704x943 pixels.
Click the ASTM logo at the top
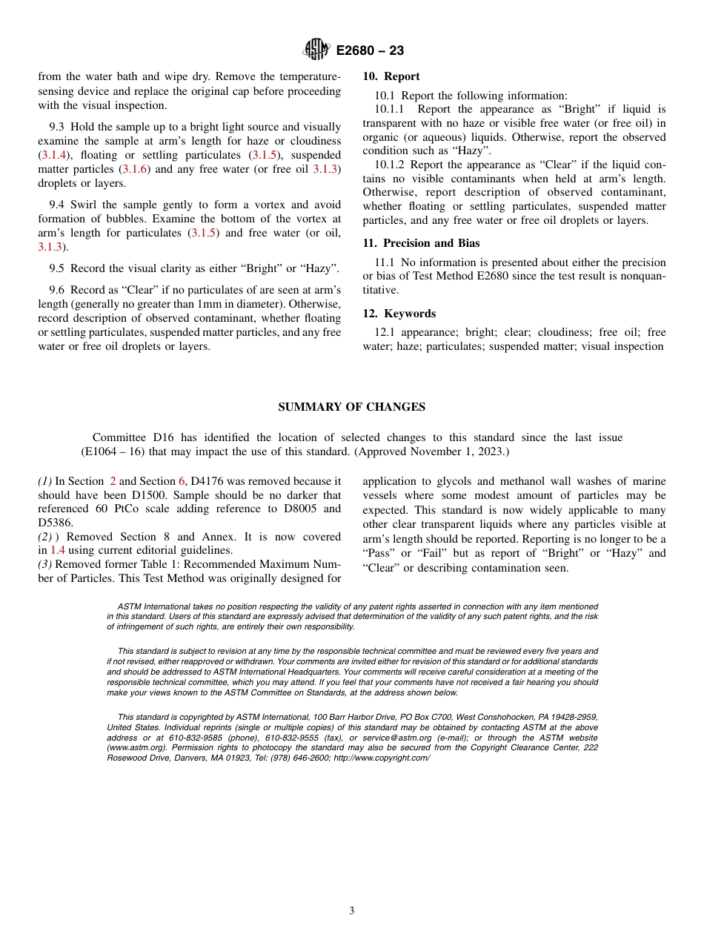pyautogui.click(x=316, y=50)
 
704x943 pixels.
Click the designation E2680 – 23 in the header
pyautogui.click(x=370, y=51)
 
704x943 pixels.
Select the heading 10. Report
pyautogui.click(x=391, y=76)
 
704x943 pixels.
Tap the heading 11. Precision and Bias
pyautogui.click(x=421, y=243)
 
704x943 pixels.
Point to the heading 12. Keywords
pyautogui.click(x=399, y=314)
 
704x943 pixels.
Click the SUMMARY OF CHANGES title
pyautogui.click(x=351, y=407)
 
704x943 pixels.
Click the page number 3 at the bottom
pyautogui.click(x=352, y=911)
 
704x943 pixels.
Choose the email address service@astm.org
pyautogui.click(x=392, y=738)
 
